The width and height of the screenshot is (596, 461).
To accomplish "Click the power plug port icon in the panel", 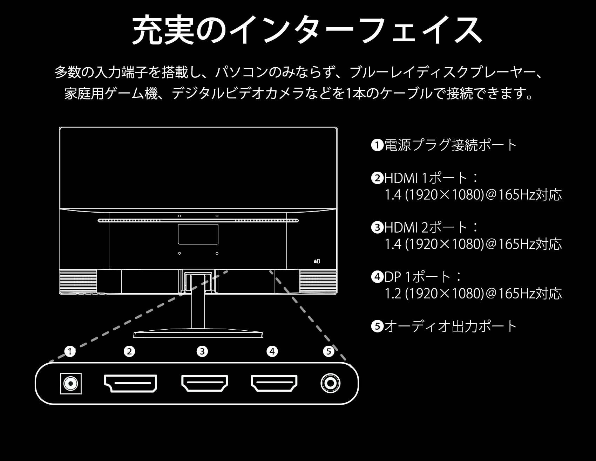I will click(71, 384).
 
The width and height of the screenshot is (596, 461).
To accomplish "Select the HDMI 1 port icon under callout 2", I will click(130, 383).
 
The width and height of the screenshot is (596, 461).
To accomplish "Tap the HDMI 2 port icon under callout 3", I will click(204, 383).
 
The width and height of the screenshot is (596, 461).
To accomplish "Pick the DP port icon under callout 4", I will click(274, 383).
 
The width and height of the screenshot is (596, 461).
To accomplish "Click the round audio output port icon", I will click(330, 383).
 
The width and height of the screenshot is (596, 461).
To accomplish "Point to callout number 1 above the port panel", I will click(70, 351).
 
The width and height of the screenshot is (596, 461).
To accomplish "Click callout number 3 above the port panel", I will click(202, 351).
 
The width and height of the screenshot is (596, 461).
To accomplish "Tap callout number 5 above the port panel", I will click(329, 351).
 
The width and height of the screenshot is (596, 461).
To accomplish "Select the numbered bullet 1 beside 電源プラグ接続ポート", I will click(377, 145).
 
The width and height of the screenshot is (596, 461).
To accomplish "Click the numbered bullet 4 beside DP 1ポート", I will click(377, 277).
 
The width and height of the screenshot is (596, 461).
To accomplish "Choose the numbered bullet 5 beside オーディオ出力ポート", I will click(377, 326).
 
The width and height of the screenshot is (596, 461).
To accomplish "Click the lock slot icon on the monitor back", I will click(317, 261).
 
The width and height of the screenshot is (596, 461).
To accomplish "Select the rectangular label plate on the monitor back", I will click(198, 234).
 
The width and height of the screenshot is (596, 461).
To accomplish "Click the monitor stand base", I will click(198, 334).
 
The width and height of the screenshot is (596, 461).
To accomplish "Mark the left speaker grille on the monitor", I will click(78, 281).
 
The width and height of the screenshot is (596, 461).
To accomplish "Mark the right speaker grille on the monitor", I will click(318, 281).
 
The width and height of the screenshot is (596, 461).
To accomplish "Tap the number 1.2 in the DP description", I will click(393, 294).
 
